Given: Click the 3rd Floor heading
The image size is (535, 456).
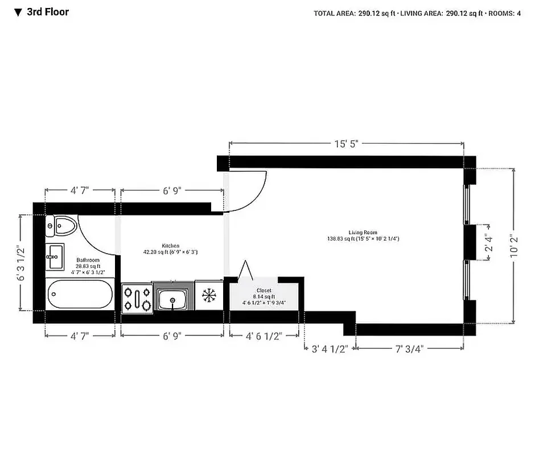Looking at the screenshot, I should (x=48, y=11).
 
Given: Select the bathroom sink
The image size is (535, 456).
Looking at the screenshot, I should (x=55, y=256).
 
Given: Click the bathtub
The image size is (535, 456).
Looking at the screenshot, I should (x=79, y=295).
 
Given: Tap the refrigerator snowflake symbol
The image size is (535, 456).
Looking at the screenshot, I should (x=209, y=296).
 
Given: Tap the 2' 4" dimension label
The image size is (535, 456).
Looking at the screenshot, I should (x=487, y=243).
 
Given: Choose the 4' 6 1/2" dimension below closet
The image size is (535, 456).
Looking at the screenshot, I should (x=264, y=336).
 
